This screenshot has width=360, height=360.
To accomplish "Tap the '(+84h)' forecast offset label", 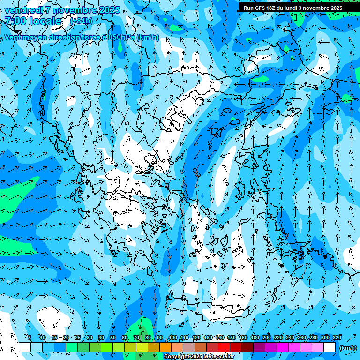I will point(81,21).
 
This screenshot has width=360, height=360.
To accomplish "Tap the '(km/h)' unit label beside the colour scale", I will point(348,348).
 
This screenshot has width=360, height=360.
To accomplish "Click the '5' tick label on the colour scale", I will point(30,337).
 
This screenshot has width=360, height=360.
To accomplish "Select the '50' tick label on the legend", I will point(113,337).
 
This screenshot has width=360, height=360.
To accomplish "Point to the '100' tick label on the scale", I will point(173,337).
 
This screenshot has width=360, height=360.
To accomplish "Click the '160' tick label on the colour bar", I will point(243,337).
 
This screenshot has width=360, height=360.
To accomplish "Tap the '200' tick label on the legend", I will point(267,337).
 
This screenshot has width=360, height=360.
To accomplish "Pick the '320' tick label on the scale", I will point(337,337).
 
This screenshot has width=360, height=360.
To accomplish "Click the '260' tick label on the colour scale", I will point(302,337).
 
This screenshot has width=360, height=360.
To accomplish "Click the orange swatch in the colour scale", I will point(165,347).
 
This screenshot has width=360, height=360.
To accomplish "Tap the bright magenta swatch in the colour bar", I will point(283,347).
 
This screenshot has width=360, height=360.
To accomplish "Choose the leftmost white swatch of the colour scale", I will point(25,347).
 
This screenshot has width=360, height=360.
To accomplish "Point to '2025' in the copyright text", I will point(196,357).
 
